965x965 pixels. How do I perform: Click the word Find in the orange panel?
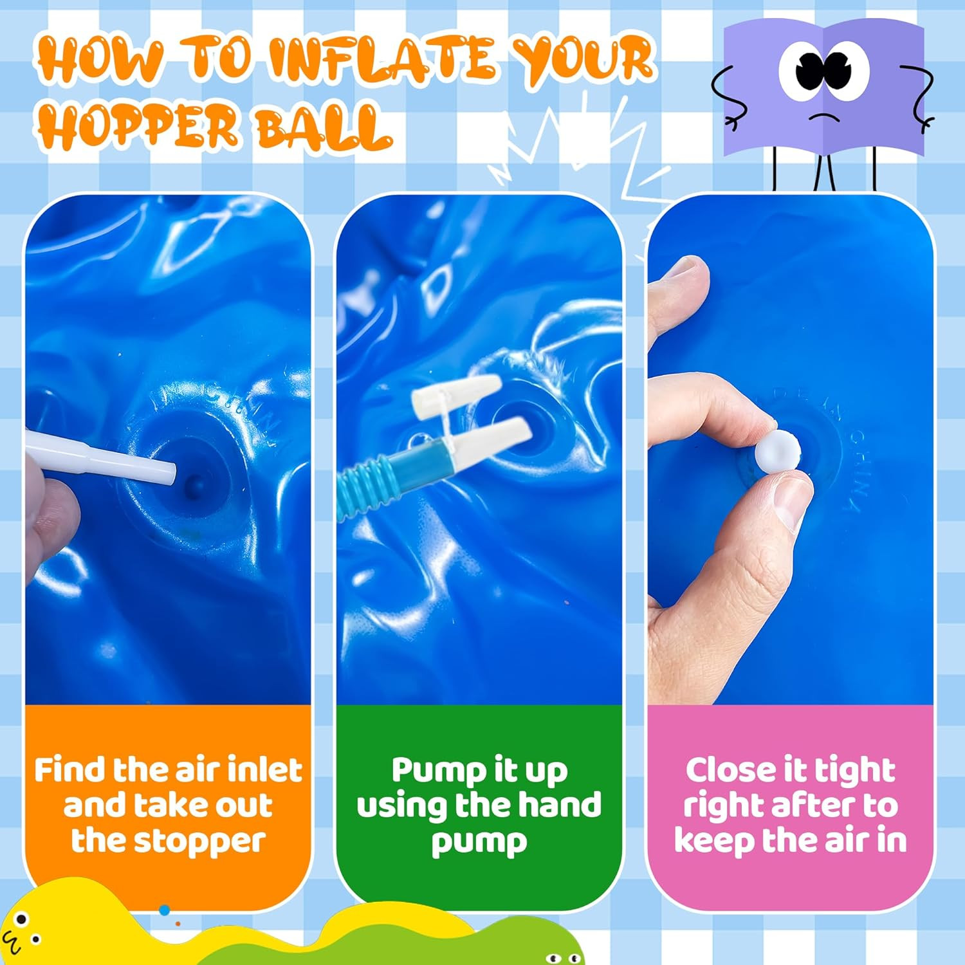pos(69,770)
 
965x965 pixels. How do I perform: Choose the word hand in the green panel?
pos(560,805)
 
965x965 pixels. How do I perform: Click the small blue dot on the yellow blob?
pos(165,910)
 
